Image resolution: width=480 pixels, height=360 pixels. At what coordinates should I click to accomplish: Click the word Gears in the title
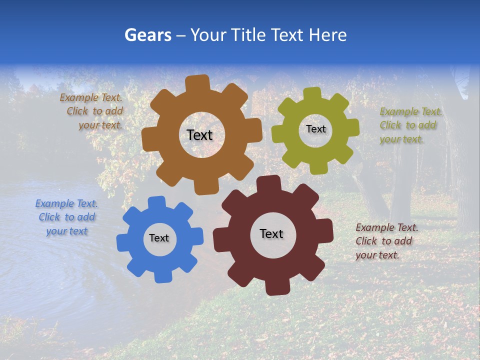147,35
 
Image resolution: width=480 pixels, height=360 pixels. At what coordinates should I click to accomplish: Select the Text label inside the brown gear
199,135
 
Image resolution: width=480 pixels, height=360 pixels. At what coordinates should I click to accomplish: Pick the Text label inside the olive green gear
315,129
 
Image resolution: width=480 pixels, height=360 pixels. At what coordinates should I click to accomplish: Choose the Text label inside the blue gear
159,238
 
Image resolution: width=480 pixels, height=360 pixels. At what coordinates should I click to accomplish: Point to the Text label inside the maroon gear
271,233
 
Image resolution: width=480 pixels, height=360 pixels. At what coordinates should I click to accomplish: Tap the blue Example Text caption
67,217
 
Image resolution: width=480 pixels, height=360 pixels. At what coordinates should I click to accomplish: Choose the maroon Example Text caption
386,241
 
